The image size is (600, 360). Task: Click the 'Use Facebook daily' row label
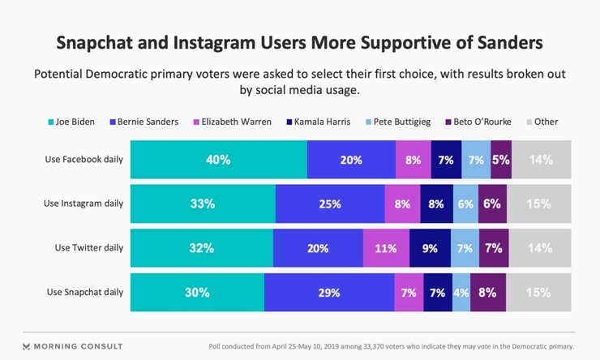pos(84,159)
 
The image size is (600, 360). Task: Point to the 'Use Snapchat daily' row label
pos(84,292)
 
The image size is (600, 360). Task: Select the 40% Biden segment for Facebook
pos(219,160)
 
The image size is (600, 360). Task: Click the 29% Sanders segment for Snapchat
pos(329,293)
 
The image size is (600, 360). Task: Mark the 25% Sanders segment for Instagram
pos(330,204)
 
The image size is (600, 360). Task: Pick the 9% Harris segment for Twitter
pos(430,248)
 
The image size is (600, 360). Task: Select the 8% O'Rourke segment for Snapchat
pos(487,293)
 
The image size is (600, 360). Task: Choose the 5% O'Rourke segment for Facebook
pos(501,160)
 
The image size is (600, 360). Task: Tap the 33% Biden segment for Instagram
pos(203,204)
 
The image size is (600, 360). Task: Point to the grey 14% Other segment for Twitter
pos(540,248)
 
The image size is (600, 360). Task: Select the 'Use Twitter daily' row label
pos(87,247)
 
